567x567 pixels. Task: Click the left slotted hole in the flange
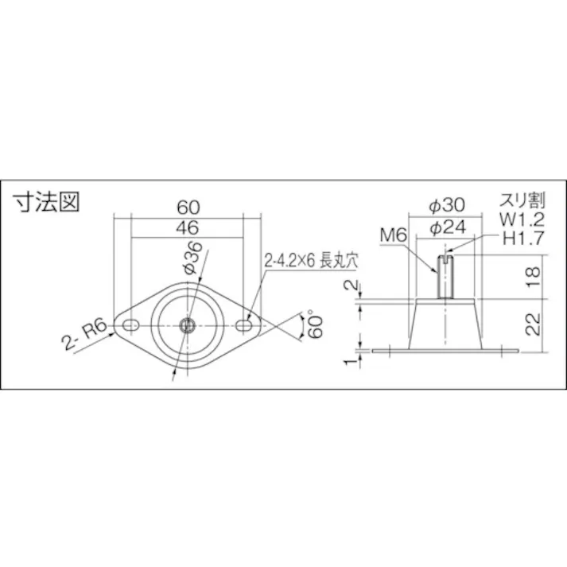pyautogui.click(x=129, y=324)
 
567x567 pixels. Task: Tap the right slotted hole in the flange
pyautogui.click(x=247, y=324)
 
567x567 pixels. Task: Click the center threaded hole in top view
pyautogui.click(x=188, y=324)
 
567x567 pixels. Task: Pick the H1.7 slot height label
pyautogui.click(x=522, y=236)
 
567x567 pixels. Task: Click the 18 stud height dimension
pyautogui.click(x=534, y=276)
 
